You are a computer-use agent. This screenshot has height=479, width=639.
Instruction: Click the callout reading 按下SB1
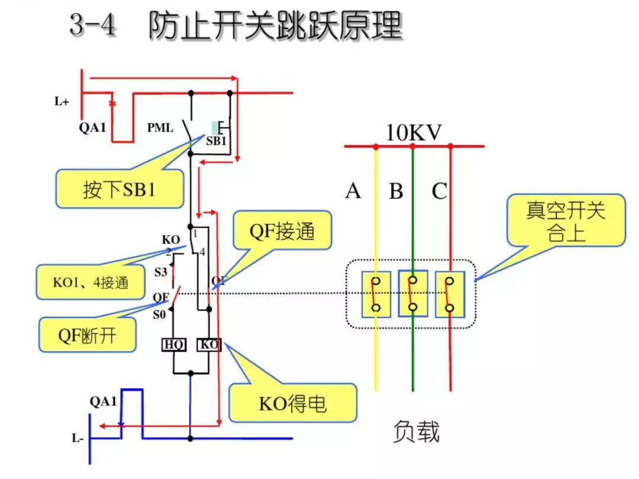(120, 189)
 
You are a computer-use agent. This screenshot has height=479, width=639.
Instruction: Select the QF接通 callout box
(283, 230)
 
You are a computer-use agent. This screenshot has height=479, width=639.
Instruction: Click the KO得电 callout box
(292, 403)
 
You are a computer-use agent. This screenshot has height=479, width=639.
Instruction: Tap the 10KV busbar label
(414, 133)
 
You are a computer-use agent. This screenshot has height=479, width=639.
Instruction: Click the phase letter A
(353, 192)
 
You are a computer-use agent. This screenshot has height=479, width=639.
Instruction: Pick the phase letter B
(396, 192)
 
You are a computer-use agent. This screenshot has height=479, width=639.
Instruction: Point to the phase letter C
(439, 192)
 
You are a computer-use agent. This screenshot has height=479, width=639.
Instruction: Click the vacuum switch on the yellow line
(375, 293)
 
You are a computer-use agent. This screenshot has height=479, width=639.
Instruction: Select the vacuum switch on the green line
(413, 293)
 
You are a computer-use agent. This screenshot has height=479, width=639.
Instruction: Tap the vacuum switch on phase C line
(450, 293)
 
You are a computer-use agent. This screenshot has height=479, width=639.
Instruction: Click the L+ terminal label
(62, 102)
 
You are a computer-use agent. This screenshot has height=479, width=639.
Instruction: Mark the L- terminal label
(78, 439)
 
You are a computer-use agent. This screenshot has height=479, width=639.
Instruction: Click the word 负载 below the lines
(417, 433)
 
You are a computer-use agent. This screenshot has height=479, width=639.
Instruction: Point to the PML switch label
(160, 127)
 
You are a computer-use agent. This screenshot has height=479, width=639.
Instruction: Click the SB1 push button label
(215, 142)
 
